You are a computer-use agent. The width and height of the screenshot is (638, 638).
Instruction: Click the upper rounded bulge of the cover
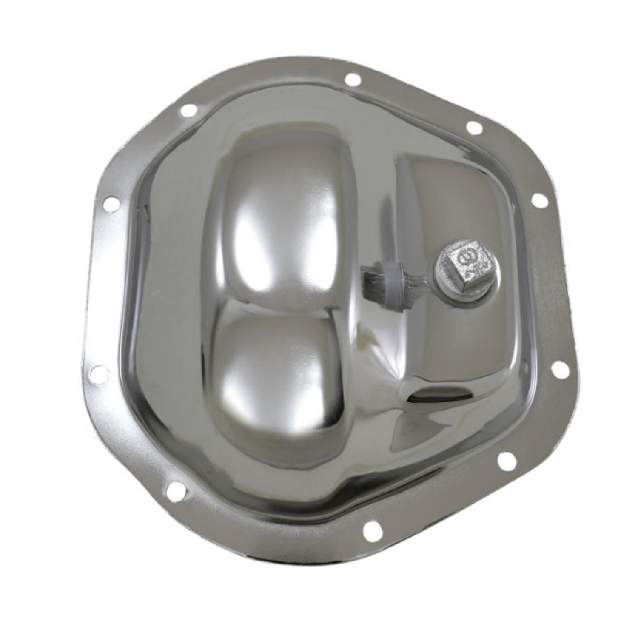279,213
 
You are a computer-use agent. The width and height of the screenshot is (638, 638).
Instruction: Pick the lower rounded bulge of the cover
279,374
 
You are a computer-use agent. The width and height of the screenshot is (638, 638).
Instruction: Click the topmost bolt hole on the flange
353,80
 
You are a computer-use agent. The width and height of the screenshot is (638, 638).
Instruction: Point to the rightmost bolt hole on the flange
561,370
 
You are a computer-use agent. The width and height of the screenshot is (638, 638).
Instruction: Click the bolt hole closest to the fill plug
540,200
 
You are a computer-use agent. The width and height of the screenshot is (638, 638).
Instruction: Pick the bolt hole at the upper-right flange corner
474,127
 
